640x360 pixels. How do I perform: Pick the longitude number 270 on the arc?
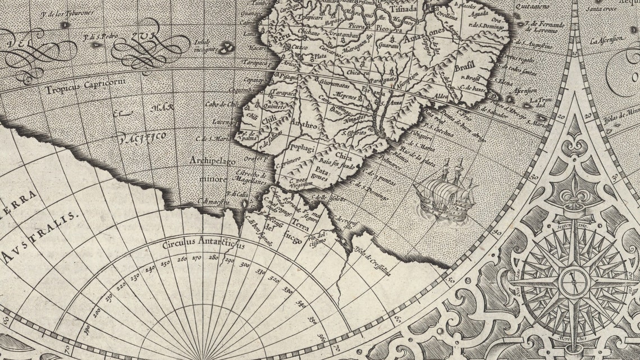tap(196, 258)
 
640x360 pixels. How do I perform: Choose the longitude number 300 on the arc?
tap(245, 264)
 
